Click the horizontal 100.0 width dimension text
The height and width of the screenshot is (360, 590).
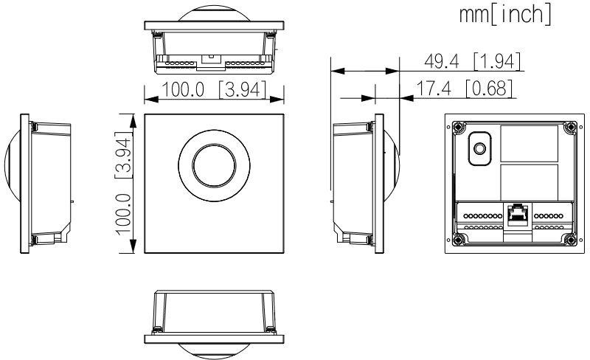tap(182, 91)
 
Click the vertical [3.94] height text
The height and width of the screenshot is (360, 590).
tap(123, 153)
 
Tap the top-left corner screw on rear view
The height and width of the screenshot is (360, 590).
tap(459, 127)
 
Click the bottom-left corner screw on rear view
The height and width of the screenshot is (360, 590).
tap(459, 239)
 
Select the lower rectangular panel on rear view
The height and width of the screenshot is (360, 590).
tap(530, 179)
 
